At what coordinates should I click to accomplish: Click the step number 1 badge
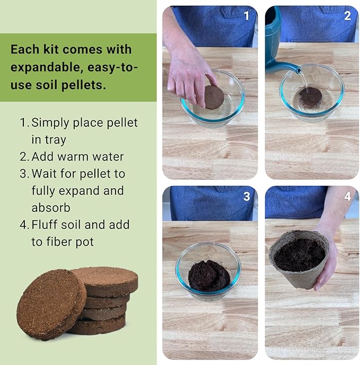246,16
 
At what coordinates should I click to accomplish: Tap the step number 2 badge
347,16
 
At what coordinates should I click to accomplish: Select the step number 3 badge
246,196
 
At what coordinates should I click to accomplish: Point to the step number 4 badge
347,196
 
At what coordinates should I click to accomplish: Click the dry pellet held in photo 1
214,97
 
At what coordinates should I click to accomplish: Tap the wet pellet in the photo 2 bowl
311,97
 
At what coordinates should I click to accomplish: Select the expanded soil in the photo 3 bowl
209,275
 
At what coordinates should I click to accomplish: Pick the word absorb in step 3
51,207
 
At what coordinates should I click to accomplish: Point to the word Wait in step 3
44,173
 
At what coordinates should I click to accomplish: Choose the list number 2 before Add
23,157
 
